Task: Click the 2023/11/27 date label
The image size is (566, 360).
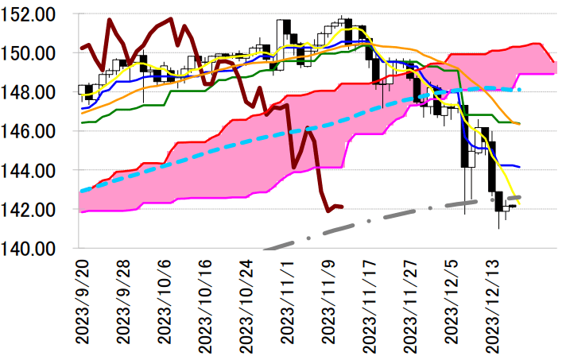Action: pyautogui.click(x=413, y=298)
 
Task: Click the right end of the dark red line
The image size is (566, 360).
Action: pyautogui.click(x=342, y=207)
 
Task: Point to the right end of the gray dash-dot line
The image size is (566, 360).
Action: pyautogui.click(x=520, y=196)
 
